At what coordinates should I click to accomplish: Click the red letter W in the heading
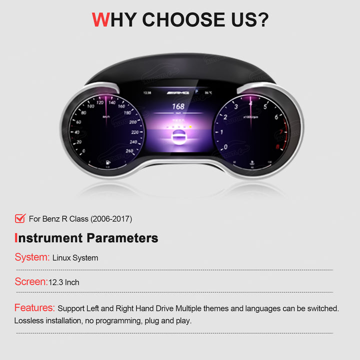(x=100, y=19)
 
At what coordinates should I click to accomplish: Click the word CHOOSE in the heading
(x=183, y=19)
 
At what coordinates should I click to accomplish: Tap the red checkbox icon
(x=20, y=218)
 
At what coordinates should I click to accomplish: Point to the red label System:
(x=32, y=257)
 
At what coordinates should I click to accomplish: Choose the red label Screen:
(x=30, y=281)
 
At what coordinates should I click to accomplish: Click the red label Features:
(x=34, y=307)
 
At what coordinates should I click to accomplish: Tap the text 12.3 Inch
(x=63, y=282)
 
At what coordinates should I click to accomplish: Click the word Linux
(x=62, y=258)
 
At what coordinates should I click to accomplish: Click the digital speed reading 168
(x=178, y=106)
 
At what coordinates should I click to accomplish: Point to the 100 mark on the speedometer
(x=90, y=106)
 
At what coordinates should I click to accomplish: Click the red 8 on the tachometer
(x=276, y=147)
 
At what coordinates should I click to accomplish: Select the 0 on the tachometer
(x=226, y=147)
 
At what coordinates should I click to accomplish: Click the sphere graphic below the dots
(x=178, y=139)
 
